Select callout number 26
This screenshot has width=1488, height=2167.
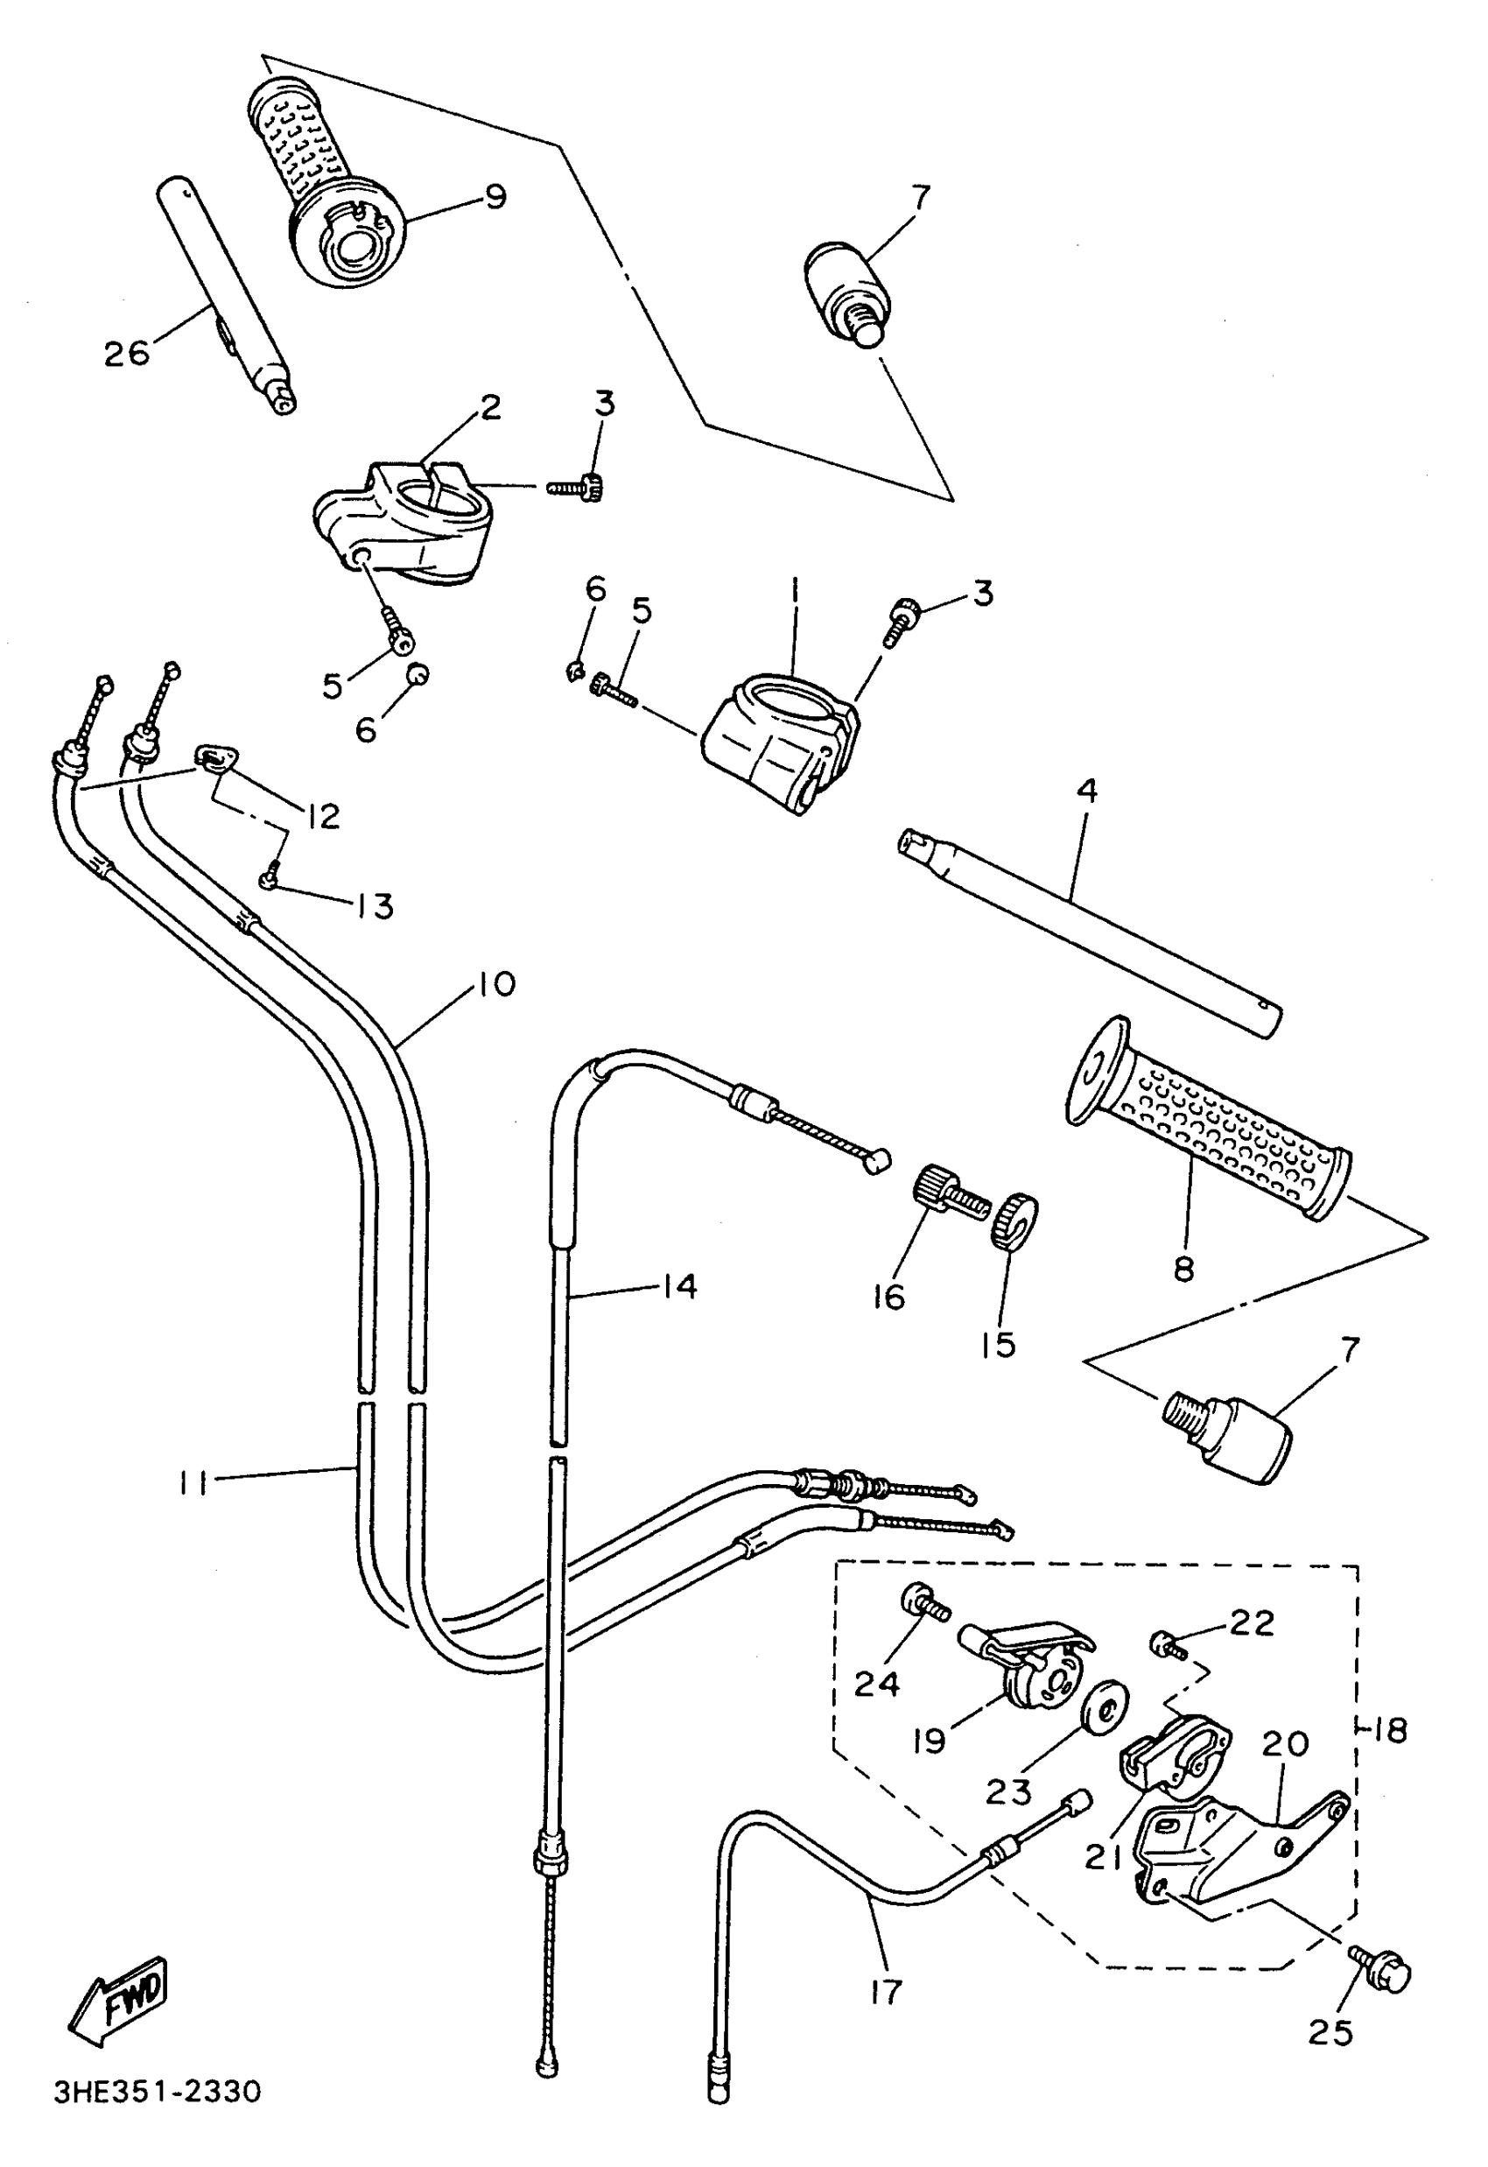126,354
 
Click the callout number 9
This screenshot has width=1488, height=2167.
495,196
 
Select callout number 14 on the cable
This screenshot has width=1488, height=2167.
680,1287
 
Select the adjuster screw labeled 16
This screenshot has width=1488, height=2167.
947,1195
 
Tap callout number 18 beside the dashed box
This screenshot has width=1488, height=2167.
1390,1731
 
